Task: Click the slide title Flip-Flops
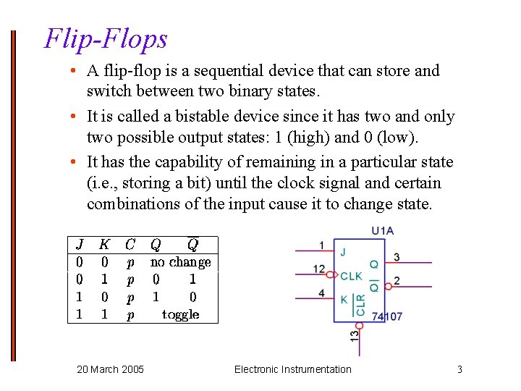pyautogui.click(x=106, y=38)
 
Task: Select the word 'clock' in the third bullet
pyautogui.click(x=331, y=183)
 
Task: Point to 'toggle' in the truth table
pyautogui.click(x=180, y=314)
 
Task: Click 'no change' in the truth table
pyautogui.click(x=180, y=262)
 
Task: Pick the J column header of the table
pyautogui.click(x=80, y=245)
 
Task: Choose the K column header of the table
pyautogui.click(x=105, y=245)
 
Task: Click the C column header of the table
pyautogui.click(x=130, y=245)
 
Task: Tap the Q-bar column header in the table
pyautogui.click(x=192, y=244)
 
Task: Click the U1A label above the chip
pyautogui.click(x=382, y=231)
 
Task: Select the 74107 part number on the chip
pyautogui.click(x=387, y=316)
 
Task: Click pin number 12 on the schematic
pyautogui.click(x=319, y=269)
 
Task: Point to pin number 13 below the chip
pyautogui.click(x=354, y=336)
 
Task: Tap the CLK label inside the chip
pyautogui.click(x=351, y=276)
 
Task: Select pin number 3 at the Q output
pyautogui.click(x=397, y=257)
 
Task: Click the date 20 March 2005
pyautogui.click(x=110, y=369)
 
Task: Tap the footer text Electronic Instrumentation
pyautogui.click(x=292, y=369)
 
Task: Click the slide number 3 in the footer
pyautogui.click(x=459, y=369)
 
